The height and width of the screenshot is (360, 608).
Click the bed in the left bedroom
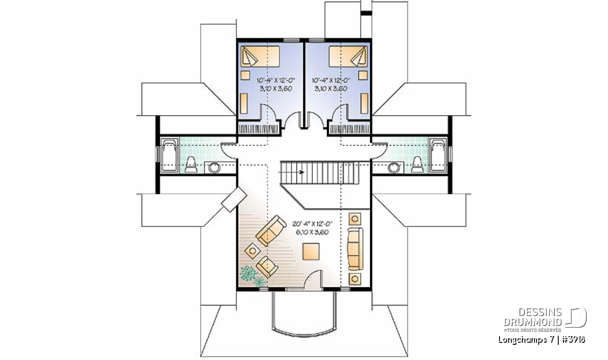pos(260,56)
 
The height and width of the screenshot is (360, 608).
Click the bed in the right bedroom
pos(348,56)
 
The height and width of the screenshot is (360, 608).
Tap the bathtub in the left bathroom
pos(169,156)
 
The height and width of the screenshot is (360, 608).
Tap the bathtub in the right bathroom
pos(438,156)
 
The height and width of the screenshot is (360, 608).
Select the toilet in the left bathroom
pos(191,165)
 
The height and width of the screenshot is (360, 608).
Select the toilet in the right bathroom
pos(417,165)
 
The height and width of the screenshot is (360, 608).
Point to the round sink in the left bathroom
pos(214,168)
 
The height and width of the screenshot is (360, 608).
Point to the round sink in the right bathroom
pos(394,168)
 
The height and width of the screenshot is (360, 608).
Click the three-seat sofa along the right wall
pos(355,249)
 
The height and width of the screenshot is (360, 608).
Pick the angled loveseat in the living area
pos(271,230)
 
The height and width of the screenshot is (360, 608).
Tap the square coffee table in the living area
pos(311,252)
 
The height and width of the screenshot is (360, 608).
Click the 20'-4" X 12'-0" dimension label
pos(313,224)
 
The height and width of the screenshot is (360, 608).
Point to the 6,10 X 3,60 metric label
pos(313,232)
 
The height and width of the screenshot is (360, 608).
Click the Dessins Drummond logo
pos(545,319)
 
